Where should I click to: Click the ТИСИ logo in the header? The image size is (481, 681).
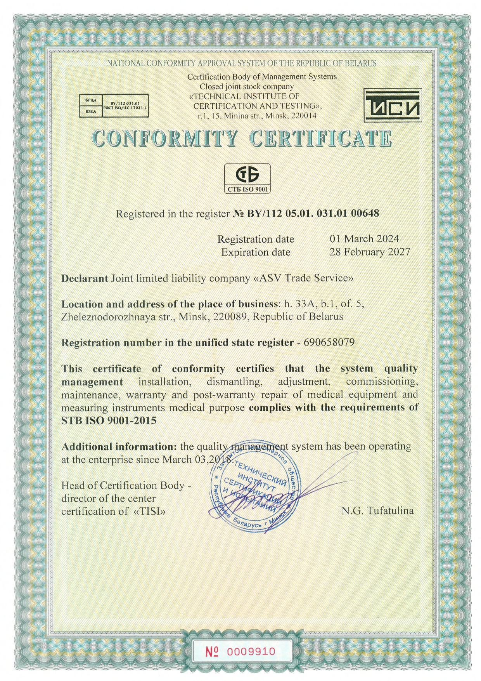tap(393, 106)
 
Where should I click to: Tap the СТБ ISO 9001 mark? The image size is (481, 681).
tap(247, 178)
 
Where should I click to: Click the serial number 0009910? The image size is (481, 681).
tap(251, 651)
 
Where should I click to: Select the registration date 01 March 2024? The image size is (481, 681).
tap(364, 239)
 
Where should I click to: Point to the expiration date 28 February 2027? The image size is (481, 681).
tap(369, 252)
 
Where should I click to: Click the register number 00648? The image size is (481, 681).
tap(367, 213)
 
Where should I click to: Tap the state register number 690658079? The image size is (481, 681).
tap(329, 342)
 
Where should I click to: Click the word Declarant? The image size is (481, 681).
tap(85, 278)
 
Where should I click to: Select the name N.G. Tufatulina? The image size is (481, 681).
tap(377, 511)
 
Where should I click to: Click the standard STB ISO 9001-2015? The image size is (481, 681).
tap(109, 421)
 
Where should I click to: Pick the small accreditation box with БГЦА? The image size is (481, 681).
tap(114, 106)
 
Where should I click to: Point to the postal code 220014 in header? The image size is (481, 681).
tap(303, 116)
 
